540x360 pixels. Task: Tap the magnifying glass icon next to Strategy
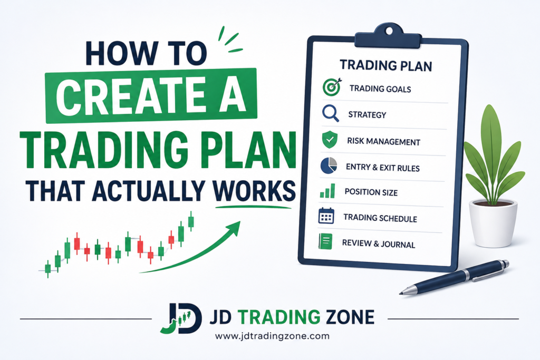[330, 113]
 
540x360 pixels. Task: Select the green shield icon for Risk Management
[330, 139]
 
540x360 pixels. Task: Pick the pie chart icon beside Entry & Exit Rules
[329, 166]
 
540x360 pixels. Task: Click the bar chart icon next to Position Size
[327, 191]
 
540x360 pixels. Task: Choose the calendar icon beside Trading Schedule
[326, 216]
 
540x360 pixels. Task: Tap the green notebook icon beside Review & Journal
[325, 241]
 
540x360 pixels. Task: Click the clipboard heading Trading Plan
[385, 65]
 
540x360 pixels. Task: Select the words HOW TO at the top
[147, 53]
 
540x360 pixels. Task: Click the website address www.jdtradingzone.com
[272, 336]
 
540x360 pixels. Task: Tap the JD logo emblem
[181, 318]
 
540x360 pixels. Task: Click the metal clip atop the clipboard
[389, 36]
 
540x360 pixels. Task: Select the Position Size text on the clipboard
[371, 192]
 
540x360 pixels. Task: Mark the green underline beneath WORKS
[253, 207]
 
